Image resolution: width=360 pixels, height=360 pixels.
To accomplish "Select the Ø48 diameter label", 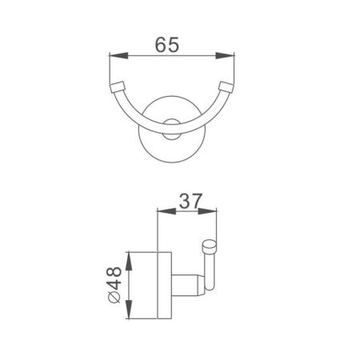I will [116, 284].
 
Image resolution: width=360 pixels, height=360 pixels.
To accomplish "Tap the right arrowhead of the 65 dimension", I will [230, 56].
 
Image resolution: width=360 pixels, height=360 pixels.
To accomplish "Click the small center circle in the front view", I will [171, 122].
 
